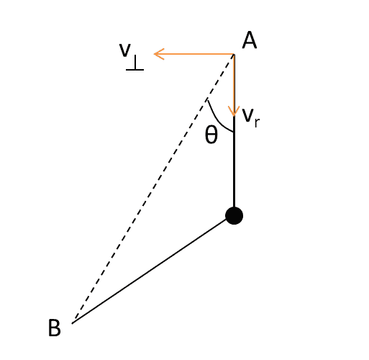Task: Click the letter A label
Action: (x=250, y=40)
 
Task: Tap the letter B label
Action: (x=55, y=328)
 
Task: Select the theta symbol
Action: (x=211, y=135)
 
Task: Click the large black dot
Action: (x=234, y=215)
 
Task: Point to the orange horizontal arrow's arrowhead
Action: (x=159, y=54)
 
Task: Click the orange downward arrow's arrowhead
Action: (x=234, y=112)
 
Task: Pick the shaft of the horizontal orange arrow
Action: (x=194, y=54)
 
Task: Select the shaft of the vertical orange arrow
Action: (x=234, y=85)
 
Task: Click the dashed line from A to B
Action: (x=154, y=187)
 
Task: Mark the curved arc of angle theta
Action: (x=217, y=120)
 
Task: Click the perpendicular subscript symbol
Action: (x=135, y=63)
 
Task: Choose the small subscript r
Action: (x=257, y=122)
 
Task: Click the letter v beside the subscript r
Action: (x=248, y=115)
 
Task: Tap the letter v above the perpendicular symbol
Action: (x=125, y=50)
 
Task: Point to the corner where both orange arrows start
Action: (x=234, y=54)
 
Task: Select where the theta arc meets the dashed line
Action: (x=207, y=100)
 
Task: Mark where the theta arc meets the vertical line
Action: (x=234, y=132)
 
